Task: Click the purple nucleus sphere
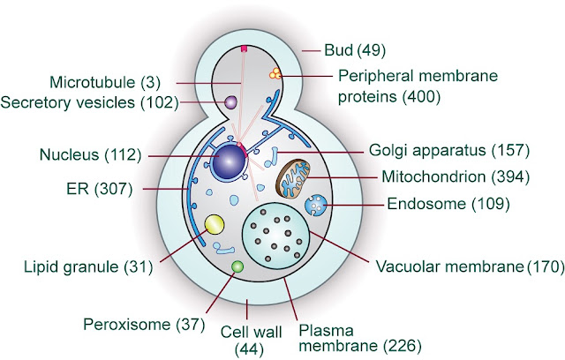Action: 228,161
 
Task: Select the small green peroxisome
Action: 237,266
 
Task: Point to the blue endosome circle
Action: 315,206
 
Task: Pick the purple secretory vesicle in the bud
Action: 230,103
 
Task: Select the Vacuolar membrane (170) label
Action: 468,265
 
